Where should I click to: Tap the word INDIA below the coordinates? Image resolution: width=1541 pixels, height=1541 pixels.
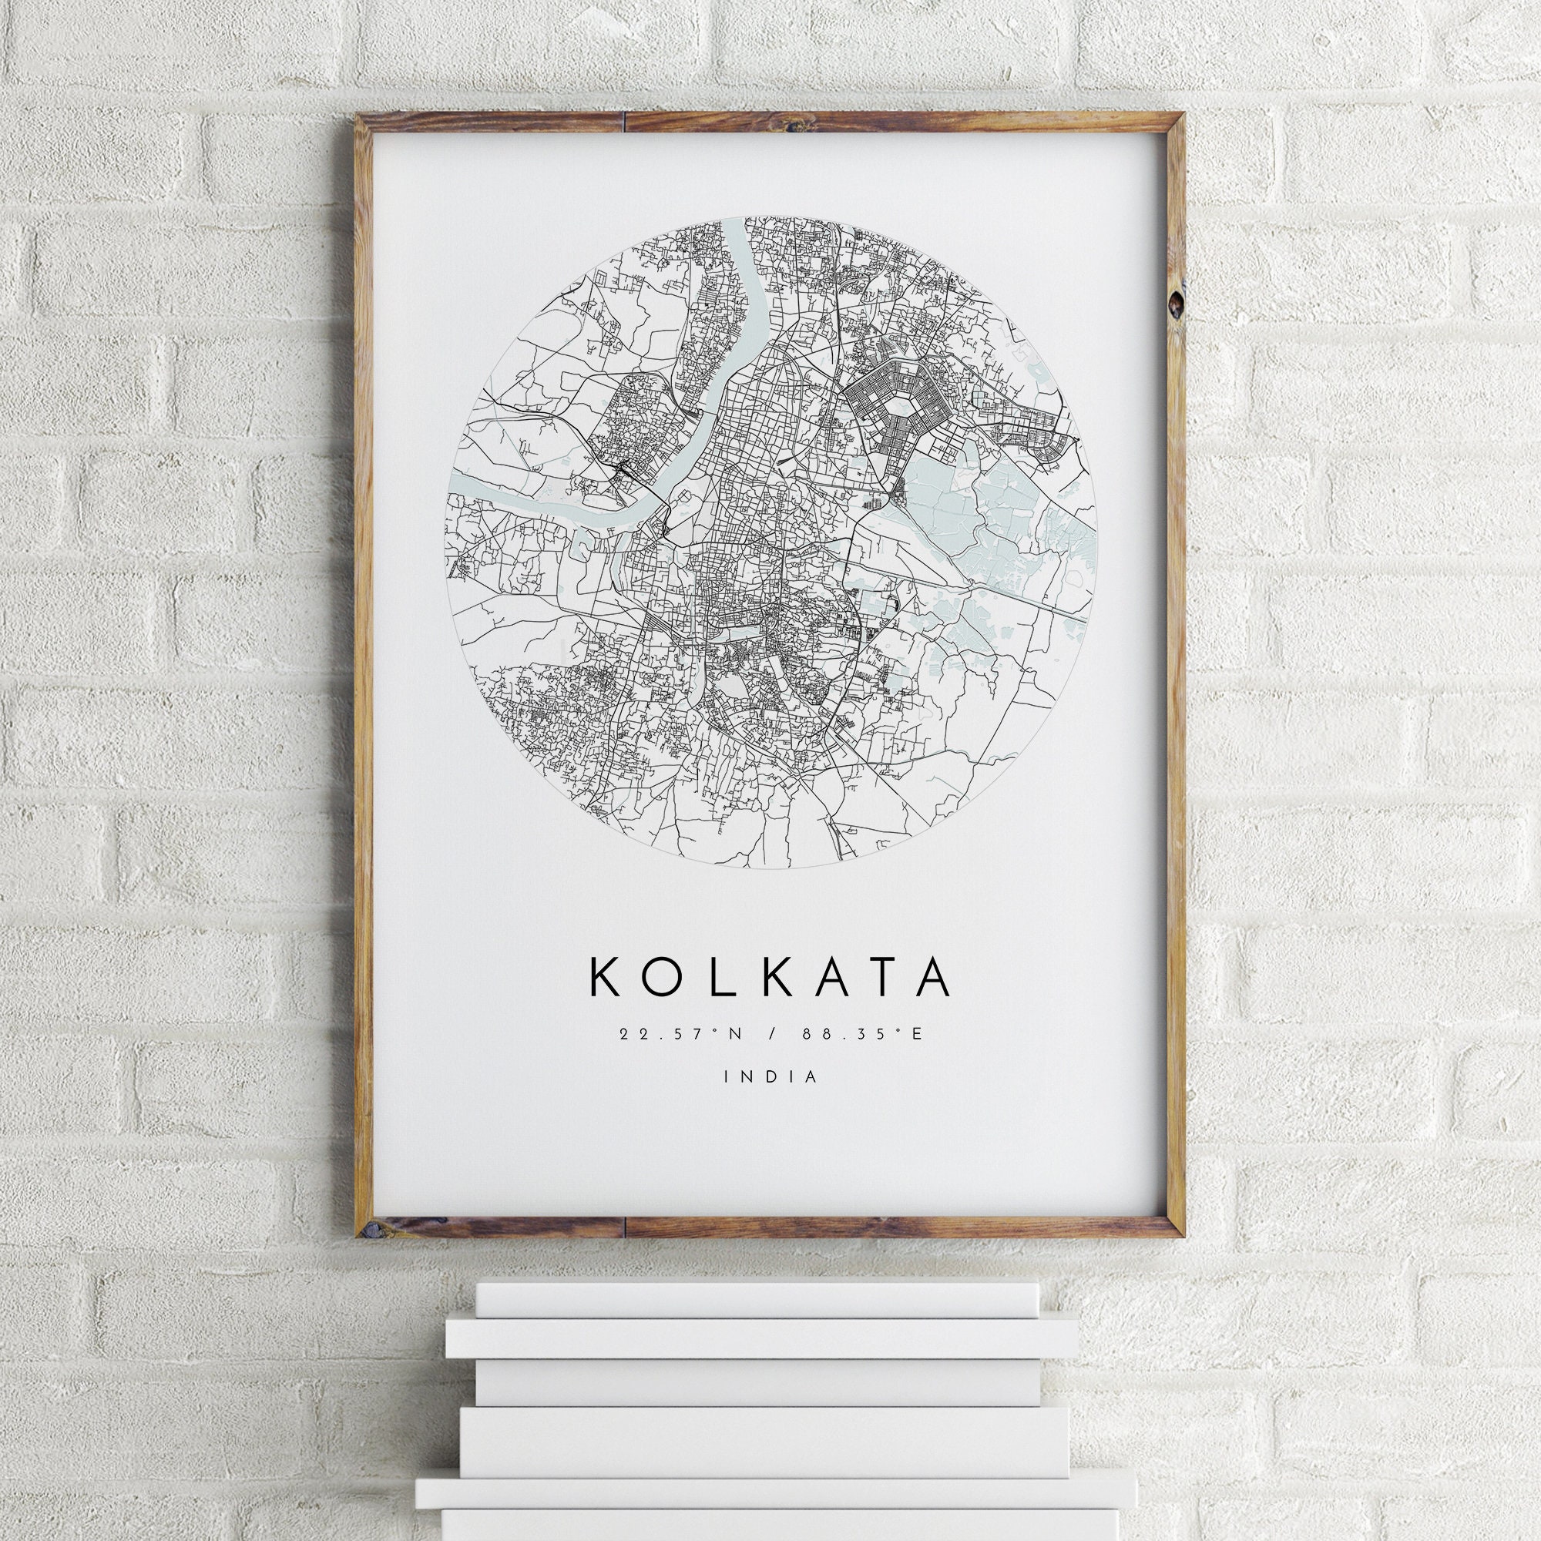click(x=770, y=1076)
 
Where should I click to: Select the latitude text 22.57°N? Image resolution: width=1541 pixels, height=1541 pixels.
click(x=680, y=1035)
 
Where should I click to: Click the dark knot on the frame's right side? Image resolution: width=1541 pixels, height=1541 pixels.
click(x=1176, y=304)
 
